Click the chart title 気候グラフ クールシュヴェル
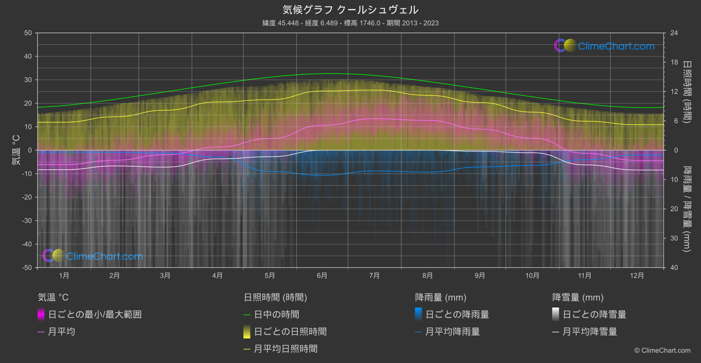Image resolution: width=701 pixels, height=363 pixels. tap(350, 10)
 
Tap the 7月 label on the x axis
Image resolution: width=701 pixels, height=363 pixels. tap(374, 275)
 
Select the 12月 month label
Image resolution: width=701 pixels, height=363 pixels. tap(637, 275)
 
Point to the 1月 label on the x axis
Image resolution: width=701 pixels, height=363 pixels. tap(64, 275)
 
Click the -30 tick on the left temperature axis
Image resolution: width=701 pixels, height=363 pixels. tap(27, 220)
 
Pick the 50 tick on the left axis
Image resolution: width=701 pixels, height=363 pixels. tap(28, 33)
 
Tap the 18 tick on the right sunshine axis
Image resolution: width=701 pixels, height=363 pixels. tap(674, 62)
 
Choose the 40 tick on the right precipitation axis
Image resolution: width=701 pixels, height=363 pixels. tap(674, 268)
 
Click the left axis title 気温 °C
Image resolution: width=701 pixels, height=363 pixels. tap(16, 150)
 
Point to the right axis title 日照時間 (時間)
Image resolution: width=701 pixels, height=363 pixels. tap(686, 92)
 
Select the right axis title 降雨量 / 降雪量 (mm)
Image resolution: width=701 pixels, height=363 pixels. tap(686, 209)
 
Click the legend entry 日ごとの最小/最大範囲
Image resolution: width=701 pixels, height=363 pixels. tap(95, 315)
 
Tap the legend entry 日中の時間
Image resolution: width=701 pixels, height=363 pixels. tap(276, 315)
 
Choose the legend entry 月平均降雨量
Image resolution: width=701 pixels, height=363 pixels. tap(452, 332)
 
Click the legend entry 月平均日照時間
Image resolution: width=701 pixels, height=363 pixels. tap(286, 349)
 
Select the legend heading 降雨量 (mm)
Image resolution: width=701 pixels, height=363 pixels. tap(440, 297)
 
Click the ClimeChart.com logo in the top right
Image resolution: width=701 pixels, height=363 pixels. tap(605, 46)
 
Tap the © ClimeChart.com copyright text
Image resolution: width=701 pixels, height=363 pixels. tap(662, 351)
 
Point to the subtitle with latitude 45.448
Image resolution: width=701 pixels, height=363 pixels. tap(350, 23)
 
